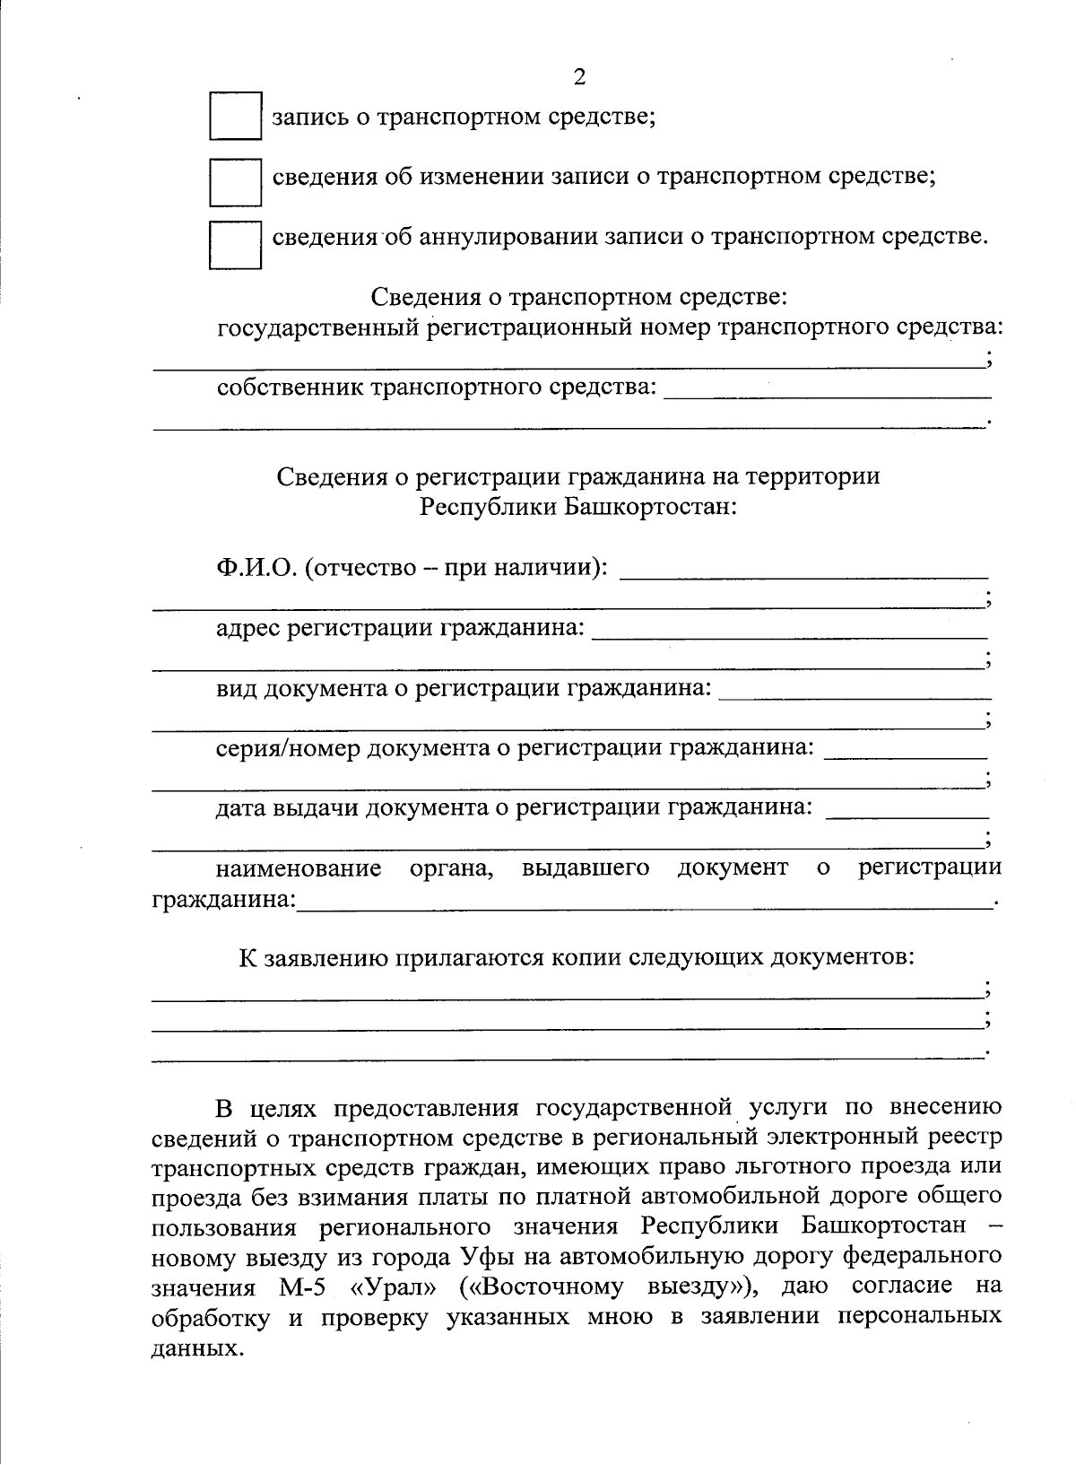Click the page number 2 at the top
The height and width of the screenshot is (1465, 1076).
tap(578, 78)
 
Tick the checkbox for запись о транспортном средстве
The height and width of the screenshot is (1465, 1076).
tap(235, 116)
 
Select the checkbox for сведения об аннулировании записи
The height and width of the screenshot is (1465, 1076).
tap(235, 244)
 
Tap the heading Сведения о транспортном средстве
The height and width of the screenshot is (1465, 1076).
tap(578, 296)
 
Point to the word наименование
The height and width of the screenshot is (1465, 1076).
tap(298, 868)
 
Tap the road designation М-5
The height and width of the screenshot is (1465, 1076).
tap(294, 1287)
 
